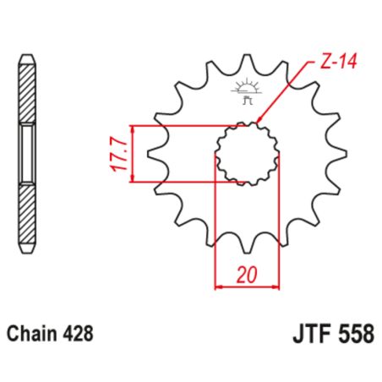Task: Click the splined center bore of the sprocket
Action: click(247, 153)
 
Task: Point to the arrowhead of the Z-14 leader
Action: click(257, 122)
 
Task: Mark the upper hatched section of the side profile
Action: click(28, 93)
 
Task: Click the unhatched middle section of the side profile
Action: click(28, 153)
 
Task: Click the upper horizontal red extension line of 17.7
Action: click(186, 125)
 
